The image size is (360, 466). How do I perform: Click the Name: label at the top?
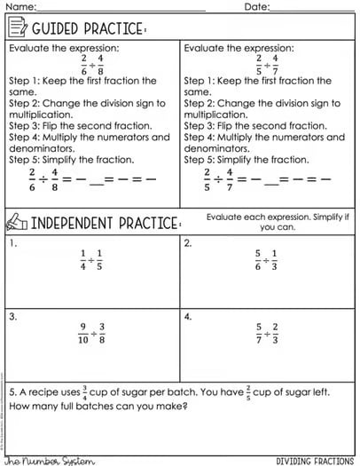19,7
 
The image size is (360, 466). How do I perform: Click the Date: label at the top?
257,7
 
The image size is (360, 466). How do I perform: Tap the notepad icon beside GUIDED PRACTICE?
17,29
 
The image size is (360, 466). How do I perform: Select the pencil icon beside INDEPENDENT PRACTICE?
16,220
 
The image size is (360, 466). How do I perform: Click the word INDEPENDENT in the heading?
71,221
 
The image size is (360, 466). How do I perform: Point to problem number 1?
12,242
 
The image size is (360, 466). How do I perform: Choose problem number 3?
12,316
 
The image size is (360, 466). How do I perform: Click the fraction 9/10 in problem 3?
82,332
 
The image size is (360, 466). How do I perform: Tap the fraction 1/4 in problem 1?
82,258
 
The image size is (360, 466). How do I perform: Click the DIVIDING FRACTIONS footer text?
315,461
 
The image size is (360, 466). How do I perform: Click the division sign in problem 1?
91,259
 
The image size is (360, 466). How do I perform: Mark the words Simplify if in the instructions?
318,217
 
